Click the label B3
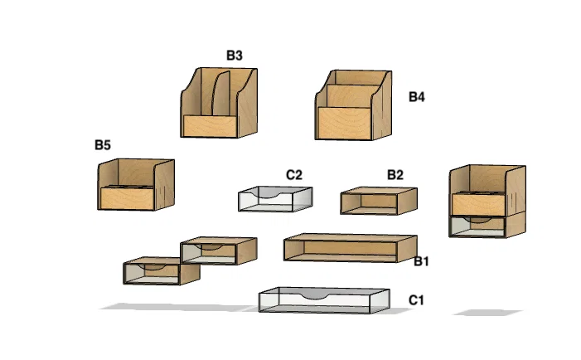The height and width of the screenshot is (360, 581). tap(235, 56)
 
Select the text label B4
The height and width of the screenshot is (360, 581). tap(416, 97)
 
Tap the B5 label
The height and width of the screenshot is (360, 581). tap(103, 145)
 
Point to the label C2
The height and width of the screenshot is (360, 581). tap(294, 175)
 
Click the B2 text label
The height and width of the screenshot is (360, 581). tap(395, 175)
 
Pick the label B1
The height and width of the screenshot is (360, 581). tap(422, 261)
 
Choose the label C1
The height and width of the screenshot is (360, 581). tap(416, 299)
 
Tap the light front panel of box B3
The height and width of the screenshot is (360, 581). tap(210, 127)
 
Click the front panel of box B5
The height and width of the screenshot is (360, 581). tap(127, 198)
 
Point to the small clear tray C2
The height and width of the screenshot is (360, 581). tap(274, 200)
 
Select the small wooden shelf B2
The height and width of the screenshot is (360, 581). tap(378, 201)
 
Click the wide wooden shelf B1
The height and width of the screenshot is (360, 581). tap(348, 247)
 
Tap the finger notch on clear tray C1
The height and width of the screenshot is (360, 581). tap(314, 295)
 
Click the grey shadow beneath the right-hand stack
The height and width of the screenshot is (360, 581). tap(487, 313)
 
